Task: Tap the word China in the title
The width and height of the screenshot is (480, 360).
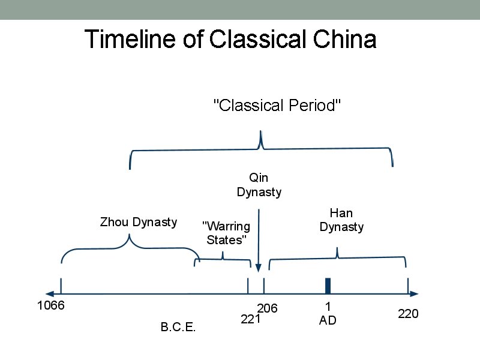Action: [x=344, y=40]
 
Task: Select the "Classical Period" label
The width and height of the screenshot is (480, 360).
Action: [x=278, y=106]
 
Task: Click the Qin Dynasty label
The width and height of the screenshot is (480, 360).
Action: [x=259, y=185]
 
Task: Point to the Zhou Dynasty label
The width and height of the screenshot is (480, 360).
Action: [x=138, y=223]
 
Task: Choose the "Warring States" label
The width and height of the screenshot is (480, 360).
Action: [x=226, y=233]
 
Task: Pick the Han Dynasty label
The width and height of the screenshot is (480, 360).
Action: [x=341, y=220]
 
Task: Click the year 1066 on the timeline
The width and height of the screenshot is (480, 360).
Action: [x=50, y=305]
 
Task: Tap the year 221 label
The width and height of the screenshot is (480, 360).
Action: [x=250, y=320]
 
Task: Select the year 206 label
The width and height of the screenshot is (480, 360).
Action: [x=268, y=308]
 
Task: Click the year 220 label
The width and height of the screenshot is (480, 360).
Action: [x=408, y=314]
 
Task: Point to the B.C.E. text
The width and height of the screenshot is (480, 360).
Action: [x=178, y=328]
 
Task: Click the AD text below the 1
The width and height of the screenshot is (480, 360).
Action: [x=328, y=321]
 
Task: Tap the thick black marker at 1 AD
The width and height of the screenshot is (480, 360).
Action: [x=328, y=286]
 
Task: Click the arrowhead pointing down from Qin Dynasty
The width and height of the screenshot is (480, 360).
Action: [x=258, y=269]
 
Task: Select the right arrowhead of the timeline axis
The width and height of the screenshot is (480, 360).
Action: [x=414, y=294]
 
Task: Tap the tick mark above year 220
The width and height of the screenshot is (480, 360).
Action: [x=408, y=285]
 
